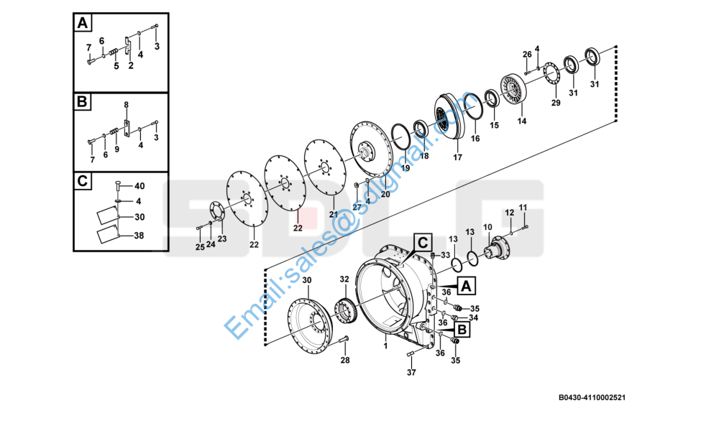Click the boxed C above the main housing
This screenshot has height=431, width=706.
[423, 242]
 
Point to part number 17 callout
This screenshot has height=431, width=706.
[458, 157]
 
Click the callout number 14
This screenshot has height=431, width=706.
[522, 121]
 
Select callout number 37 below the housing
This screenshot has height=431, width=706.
[411, 372]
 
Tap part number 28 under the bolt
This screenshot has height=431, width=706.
[345, 360]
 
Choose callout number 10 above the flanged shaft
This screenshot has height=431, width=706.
[487, 228]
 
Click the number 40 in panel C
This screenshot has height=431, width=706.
[139, 186]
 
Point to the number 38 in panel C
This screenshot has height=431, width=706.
[139, 235]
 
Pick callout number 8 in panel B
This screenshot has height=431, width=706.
[126, 105]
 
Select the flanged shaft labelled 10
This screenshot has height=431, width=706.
[495, 250]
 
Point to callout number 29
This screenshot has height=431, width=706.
[556, 103]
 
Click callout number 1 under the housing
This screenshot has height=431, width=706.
[385, 346]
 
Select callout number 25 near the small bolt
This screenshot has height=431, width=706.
[200, 247]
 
